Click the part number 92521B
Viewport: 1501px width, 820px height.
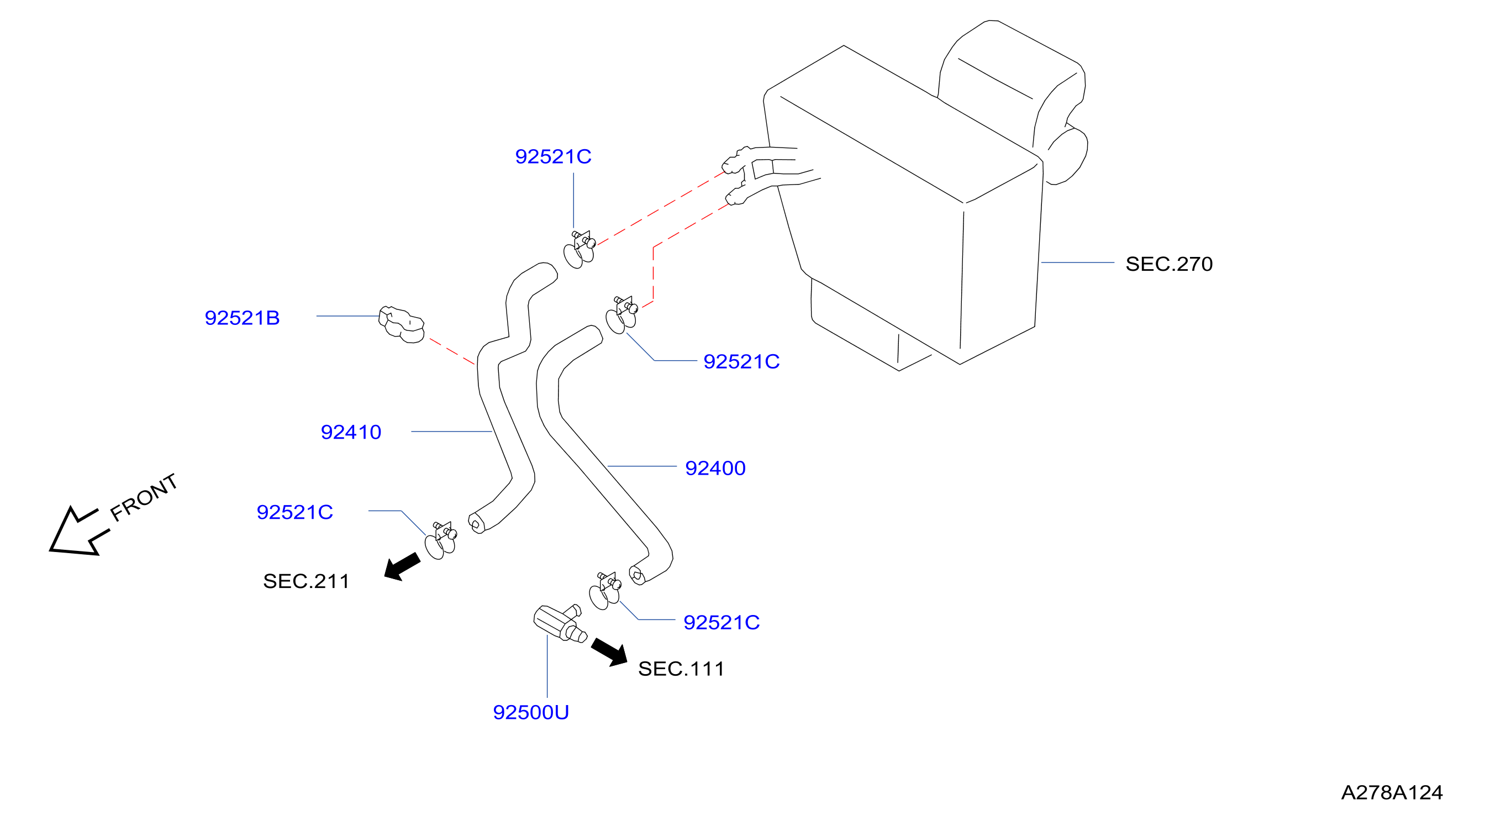pyautogui.click(x=243, y=318)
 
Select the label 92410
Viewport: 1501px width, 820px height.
pyautogui.click(x=351, y=433)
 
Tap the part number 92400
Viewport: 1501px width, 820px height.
pyautogui.click(x=715, y=469)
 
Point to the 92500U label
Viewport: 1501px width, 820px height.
pyautogui.click(x=531, y=713)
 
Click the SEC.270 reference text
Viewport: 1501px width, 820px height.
pyautogui.click(x=1169, y=264)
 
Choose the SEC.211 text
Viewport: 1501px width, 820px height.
pyautogui.click(x=306, y=581)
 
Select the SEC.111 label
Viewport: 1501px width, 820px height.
pyautogui.click(x=681, y=669)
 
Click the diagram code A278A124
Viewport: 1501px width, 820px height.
pyautogui.click(x=1392, y=792)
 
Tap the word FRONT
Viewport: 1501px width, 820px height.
pyautogui.click(x=144, y=497)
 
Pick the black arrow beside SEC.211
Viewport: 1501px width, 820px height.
pyautogui.click(x=402, y=566)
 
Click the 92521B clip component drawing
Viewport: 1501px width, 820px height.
pyautogui.click(x=402, y=324)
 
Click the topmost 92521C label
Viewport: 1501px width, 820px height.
pyautogui.click(x=553, y=157)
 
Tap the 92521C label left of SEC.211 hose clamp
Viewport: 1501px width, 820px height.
pyautogui.click(x=295, y=512)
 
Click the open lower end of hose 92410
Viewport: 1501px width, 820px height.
pyautogui.click(x=477, y=523)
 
